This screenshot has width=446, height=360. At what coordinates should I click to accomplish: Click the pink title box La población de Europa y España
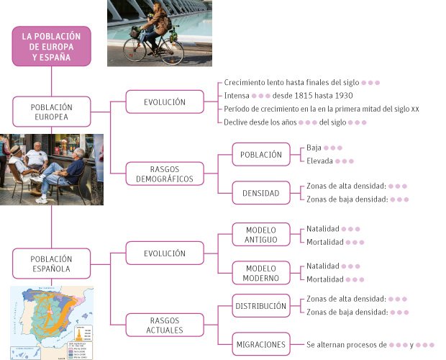pyautogui.click(x=51, y=46)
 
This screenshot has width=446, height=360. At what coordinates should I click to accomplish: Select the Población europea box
pyautogui.click(x=51, y=112)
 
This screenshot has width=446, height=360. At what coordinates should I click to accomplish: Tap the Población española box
pyautogui.click(x=51, y=264)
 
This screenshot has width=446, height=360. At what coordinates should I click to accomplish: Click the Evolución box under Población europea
pyautogui.click(x=164, y=102)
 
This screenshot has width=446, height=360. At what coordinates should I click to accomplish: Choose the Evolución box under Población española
pyautogui.click(x=164, y=253)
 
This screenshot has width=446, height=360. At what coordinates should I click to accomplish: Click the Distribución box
pyautogui.click(x=261, y=306)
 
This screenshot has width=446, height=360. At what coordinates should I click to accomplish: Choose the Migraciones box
pyautogui.click(x=261, y=345)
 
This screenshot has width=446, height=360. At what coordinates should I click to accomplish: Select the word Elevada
pyautogui.click(x=320, y=161)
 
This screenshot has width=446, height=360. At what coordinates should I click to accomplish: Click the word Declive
pyautogui.click(x=237, y=122)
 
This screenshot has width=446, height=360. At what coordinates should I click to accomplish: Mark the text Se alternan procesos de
pyautogui.click(x=346, y=345)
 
